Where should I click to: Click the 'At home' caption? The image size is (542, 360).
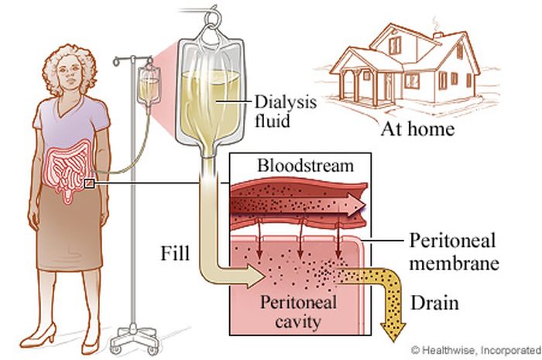click(x=417, y=129)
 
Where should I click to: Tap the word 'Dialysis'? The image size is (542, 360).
click(x=286, y=103)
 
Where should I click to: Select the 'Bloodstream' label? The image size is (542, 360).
click(x=306, y=166)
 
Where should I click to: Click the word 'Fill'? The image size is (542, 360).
click(x=175, y=253)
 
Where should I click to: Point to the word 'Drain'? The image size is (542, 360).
click(x=435, y=303)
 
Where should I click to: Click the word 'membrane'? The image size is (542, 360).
click(x=455, y=263)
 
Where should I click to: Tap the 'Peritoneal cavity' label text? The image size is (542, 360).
click(x=298, y=311)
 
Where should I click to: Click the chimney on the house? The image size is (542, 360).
click(x=438, y=34)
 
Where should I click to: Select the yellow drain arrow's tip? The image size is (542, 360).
click(x=393, y=341)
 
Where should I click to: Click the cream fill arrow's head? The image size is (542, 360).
click(x=256, y=276)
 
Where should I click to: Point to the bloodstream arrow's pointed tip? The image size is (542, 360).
click(x=365, y=206)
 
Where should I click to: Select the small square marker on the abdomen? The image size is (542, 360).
click(x=90, y=183)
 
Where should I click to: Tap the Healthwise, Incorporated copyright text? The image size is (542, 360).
click(x=476, y=350)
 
